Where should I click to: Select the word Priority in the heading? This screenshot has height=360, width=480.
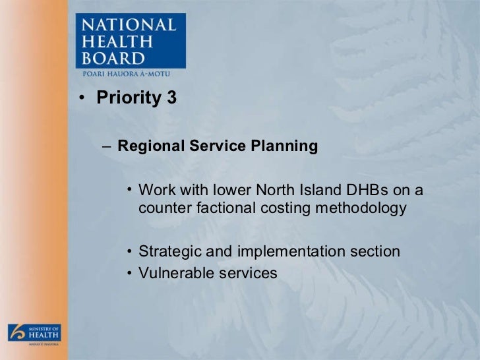(128, 99)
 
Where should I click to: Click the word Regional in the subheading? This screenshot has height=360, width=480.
(146, 146)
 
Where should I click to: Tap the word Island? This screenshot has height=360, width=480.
(309, 191)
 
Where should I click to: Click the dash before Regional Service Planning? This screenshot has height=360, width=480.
(107, 146)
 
